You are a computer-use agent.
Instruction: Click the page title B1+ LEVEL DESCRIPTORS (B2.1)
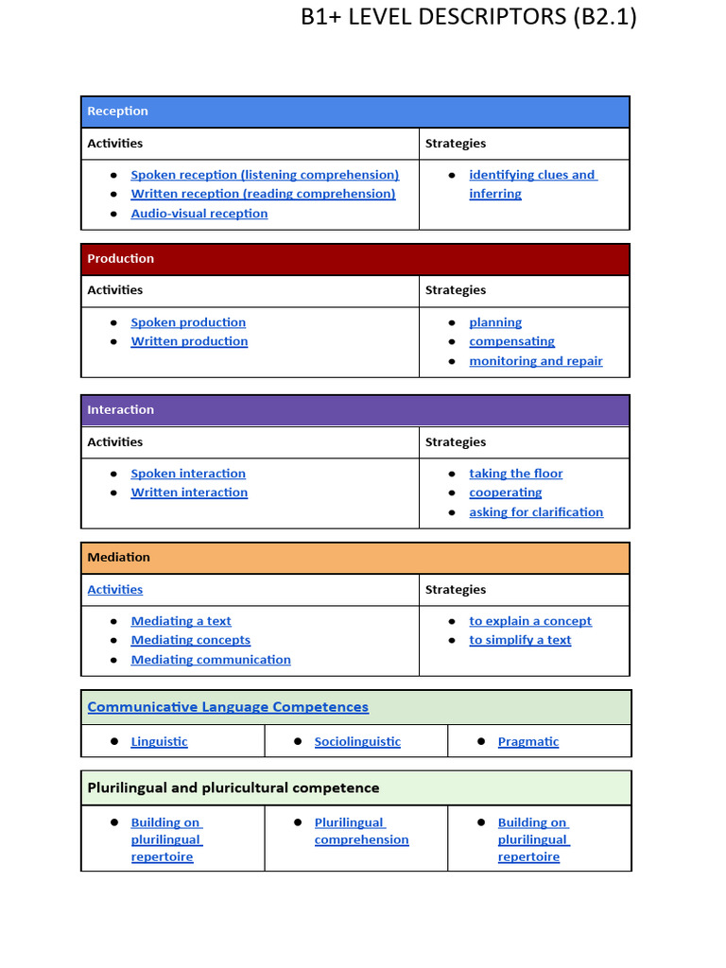point(468,17)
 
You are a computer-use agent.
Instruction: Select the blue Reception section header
point(354,112)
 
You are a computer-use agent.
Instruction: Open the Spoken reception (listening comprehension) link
point(265,175)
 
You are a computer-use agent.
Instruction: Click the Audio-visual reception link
point(199,214)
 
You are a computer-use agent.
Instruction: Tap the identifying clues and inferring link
point(532,175)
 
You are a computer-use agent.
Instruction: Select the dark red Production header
point(354,259)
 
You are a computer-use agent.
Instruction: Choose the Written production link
point(189,341)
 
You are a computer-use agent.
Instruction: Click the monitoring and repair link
point(535,361)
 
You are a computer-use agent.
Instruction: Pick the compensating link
point(511,341)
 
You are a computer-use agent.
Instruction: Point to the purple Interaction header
point(354,410)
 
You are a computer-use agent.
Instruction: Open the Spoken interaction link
point(188,474)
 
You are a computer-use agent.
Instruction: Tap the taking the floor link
point(515,474)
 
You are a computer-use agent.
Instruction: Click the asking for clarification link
point(535,512)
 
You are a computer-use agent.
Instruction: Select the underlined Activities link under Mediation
point(114,590)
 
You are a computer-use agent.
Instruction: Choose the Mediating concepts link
point(190,640)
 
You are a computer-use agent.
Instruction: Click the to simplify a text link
point(520,640)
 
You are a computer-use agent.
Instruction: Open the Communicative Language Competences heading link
point(228,707)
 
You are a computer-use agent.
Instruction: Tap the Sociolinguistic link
point(357,742)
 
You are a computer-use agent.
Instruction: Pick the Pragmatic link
point(528,742)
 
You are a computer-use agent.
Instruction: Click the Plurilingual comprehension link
point(361,831)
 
